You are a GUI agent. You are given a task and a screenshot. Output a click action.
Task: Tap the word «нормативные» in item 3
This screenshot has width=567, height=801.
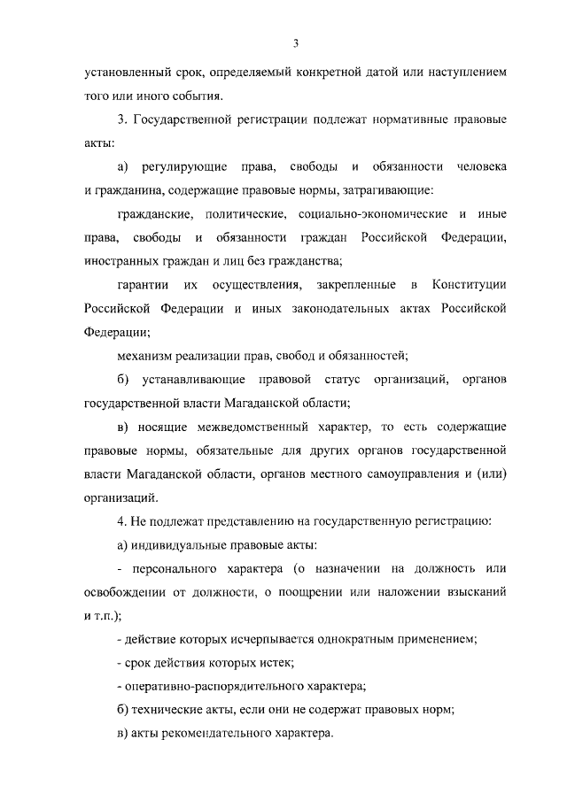(x=392, y=119)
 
